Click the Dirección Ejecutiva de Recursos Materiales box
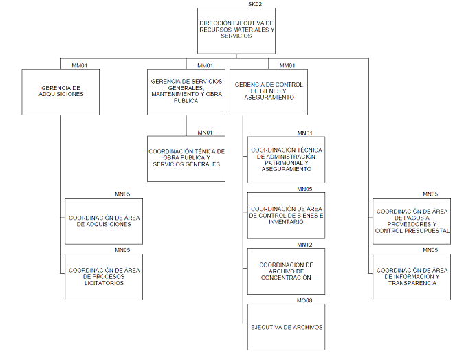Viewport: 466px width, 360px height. coord(236,30)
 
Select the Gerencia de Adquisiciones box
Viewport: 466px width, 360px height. coord(60,91)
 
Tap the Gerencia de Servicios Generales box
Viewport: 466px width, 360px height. coord(186,91)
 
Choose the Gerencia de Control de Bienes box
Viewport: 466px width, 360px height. coord(268,91)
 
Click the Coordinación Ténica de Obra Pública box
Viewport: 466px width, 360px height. coord(186,159)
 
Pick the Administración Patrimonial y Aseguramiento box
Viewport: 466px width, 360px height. coord(287,159)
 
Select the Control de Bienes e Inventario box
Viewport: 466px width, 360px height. coord(287,216)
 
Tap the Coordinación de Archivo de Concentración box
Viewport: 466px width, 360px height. coord(287,271)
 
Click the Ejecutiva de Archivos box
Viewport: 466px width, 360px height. coord(287,327)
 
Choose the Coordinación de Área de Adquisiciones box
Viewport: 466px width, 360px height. coord(104,221)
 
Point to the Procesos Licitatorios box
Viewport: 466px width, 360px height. coord(104,277)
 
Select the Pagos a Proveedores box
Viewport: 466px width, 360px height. coord(412,221)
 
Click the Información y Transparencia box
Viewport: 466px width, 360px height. coord(412,277)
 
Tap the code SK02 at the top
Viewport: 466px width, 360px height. coord(254,5)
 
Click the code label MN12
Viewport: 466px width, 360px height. coord(304,245)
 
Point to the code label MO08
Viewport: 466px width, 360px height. coord(304,300)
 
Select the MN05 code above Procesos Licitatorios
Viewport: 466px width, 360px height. coord(122,250)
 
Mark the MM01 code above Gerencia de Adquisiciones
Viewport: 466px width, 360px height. coord(79,66)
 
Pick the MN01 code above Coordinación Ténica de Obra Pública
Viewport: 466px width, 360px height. coord(205,132)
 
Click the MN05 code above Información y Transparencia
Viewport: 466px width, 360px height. coord(430,250)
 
